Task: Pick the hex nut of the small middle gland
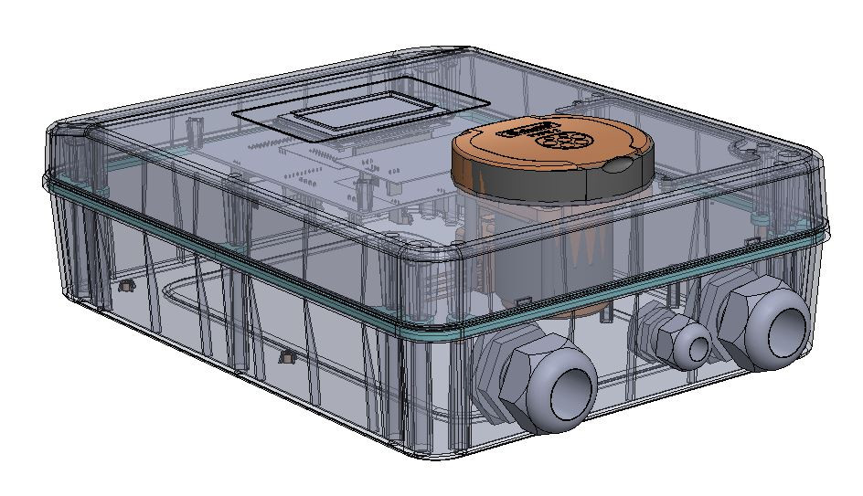pyautogui.click(x=660, y=330)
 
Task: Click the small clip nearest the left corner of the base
pyautogui.click(x=126, y=287)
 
